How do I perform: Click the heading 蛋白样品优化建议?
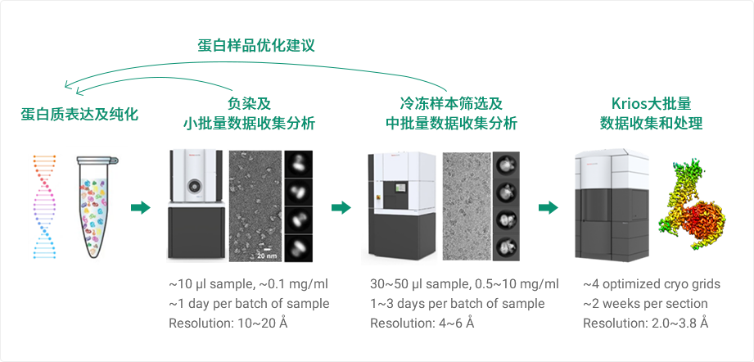(255, 45)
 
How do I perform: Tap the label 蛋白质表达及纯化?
(79, 114)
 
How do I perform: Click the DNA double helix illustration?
(43, 206)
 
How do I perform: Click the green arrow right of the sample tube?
(141, 207)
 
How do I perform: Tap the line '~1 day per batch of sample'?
(249, 304)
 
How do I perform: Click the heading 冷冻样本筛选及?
(450, 104)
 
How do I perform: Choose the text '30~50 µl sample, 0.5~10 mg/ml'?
(464, 284)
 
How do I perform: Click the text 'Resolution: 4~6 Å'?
(422, 323)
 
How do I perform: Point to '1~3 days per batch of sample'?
(457, 304)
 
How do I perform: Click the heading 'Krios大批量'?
(651, 104)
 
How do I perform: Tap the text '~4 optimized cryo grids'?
(651, 284)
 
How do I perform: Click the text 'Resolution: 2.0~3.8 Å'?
(645, 323)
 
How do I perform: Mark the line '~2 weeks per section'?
(645, 304)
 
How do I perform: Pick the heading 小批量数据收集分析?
(249, 124)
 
